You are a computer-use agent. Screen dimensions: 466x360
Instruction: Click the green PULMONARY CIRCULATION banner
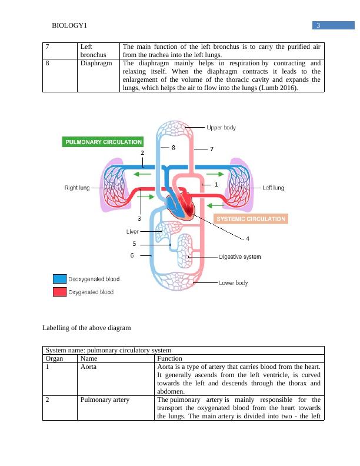point(104,142)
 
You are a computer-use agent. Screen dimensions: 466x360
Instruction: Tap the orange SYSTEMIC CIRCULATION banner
point(251,219)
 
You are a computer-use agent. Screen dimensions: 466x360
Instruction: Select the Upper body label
point(222,128)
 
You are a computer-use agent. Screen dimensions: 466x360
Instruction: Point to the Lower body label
point(234,283)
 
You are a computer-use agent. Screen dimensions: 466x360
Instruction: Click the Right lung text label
point(77,188)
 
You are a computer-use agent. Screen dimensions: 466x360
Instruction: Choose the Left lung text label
point(273,188)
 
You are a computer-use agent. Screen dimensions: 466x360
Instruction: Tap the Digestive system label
point(240,257)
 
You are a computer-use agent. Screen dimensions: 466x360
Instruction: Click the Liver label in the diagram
point(132,232)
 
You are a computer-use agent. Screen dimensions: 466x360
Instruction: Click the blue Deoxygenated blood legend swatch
point(59,279)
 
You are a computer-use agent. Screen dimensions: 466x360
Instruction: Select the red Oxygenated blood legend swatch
point(59,292)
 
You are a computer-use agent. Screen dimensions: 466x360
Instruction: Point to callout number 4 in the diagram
point(248,238)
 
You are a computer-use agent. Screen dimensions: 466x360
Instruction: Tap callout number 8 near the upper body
point(173,148)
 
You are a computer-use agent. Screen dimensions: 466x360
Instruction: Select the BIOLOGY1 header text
point(69,25)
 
